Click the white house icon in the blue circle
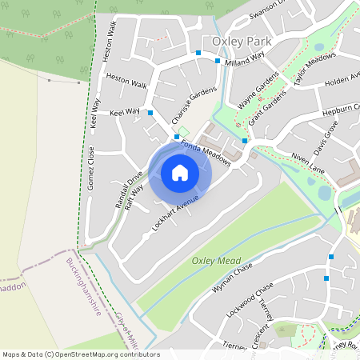point(180,172)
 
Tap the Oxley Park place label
point(242,41)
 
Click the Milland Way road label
point(244,58)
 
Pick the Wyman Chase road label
point(233,278)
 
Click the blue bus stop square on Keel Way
point(150,114)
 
